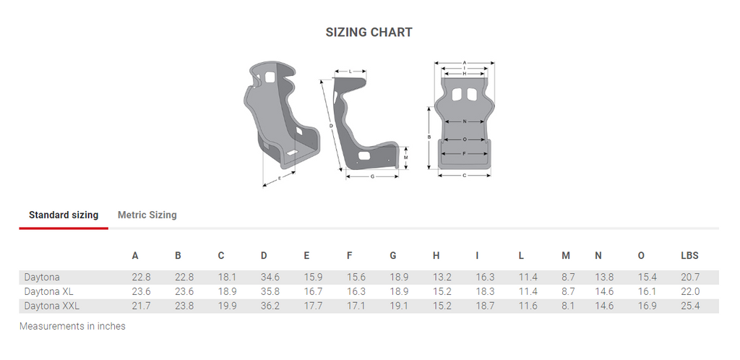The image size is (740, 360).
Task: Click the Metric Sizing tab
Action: tap(147, 215)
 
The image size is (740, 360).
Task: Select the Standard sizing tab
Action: tap(64, 215)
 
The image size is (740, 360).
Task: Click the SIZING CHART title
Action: tap(369, 32)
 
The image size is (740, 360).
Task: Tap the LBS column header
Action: tap(689, 256)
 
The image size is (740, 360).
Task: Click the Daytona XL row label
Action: tap(48, 291)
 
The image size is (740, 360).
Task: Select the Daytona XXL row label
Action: tap(52, 306)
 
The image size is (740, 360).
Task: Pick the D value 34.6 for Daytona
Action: tap(270, 278)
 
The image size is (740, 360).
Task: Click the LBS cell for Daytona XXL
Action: tap(690, 306)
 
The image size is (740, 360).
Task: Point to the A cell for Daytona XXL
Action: tap(141, 306)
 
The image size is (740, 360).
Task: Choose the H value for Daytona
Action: tap(442, 278)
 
